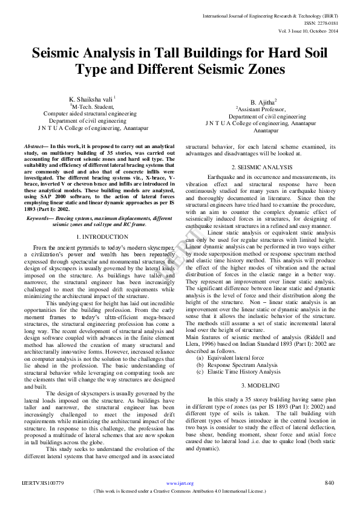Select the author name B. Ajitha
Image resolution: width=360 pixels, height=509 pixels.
[263, 102]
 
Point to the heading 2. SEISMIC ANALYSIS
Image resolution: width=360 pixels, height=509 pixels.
[261, 166]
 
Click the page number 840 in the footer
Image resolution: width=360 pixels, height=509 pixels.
[329, 482]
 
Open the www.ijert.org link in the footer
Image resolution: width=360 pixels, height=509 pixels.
[180, 483]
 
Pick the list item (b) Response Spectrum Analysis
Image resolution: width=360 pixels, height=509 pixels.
[229, 365]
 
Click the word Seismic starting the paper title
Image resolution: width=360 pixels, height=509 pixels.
[62, 53]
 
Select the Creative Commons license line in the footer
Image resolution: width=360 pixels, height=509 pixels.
[180, 491]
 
